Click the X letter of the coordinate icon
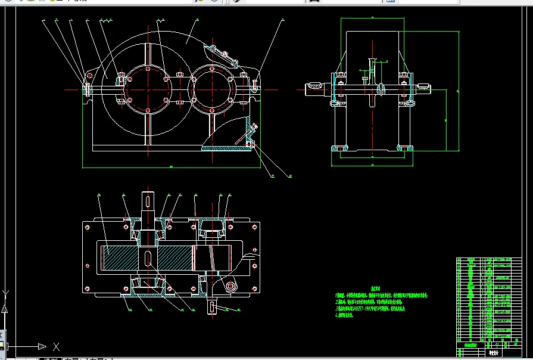click(x=56, y=346)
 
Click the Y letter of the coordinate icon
click(x=5, y=293)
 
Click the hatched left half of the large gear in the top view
click(x=122, y=258)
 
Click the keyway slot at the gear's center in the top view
click(x=148, y=258)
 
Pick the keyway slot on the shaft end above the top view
click(x=147, y=203)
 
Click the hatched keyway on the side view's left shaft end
click(x=314, y=89)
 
